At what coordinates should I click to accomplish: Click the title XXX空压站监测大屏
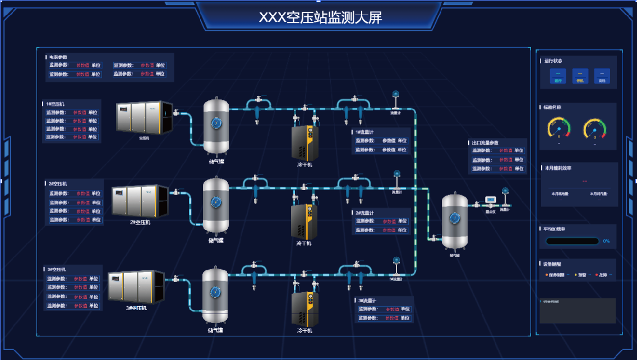point(320,17)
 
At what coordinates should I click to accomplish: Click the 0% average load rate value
point(606,241)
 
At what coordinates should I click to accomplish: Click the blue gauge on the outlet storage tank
point(454,215)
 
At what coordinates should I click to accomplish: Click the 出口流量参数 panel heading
point(485,143)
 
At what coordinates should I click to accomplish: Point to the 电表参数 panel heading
point(58,57)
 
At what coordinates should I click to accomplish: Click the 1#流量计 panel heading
point(364,132)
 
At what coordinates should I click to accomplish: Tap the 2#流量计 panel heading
point(364,213)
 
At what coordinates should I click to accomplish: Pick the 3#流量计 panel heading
point(367,301)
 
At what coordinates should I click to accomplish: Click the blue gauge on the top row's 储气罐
point(216,122)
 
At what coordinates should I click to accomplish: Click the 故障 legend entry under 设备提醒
point(602,275)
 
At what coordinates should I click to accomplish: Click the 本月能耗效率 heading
point(558,168)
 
